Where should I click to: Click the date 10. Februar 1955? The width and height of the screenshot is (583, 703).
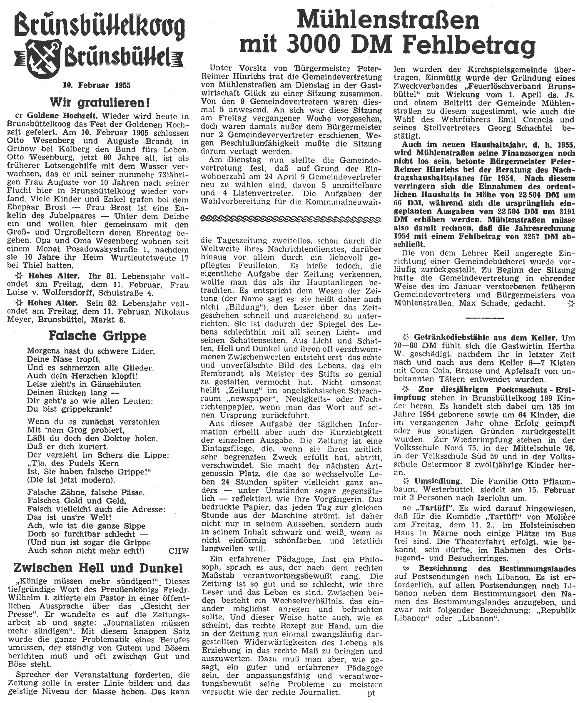(97, 85)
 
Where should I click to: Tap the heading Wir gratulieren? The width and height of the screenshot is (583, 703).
(100, 102)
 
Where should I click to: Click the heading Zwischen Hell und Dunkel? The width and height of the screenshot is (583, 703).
(98, 568)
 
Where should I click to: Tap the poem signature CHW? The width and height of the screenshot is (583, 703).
(179, 551)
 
